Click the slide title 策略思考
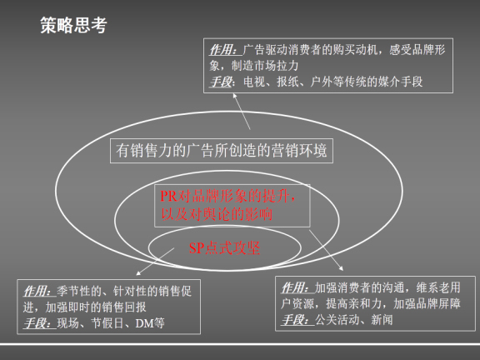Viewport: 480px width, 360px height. pos(73,25)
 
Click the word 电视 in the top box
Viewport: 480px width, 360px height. pos(251,82)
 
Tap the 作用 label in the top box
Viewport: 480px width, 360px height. pos(221,50)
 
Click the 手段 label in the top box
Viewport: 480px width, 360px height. pos(221,82)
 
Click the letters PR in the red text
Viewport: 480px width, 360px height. pos(168,197)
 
